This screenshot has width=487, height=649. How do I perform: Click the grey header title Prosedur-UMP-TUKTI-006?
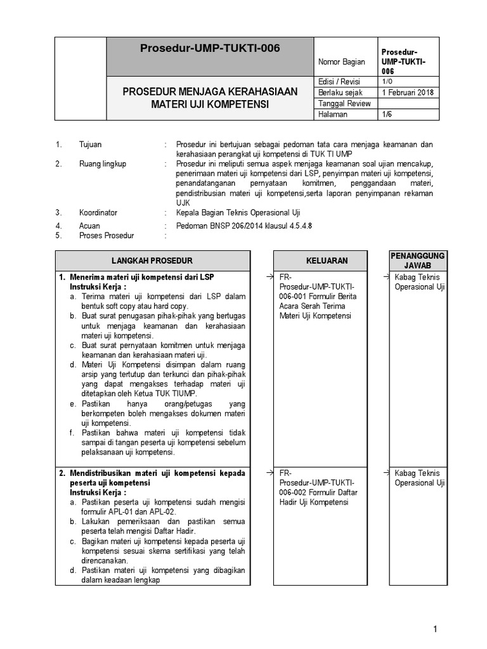pos(209,48)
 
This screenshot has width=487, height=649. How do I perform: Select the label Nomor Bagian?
pos(342,61)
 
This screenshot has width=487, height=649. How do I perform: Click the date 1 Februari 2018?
pos(406,93)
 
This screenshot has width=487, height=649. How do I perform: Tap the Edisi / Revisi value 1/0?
pos(387,82)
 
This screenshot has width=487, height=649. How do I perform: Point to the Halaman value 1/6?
pos(387,114)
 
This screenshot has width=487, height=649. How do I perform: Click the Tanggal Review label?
pos(344,103)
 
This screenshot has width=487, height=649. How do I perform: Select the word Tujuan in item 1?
pos(90,145)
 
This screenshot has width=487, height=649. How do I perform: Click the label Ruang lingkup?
pos(103,164)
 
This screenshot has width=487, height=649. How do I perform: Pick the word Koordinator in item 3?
pos(98,213)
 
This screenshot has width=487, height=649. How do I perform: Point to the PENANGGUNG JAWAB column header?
pos(417,260)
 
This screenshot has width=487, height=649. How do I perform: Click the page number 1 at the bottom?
pos(436,629)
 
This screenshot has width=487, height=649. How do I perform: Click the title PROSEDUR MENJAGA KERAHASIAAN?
pos(209,92)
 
